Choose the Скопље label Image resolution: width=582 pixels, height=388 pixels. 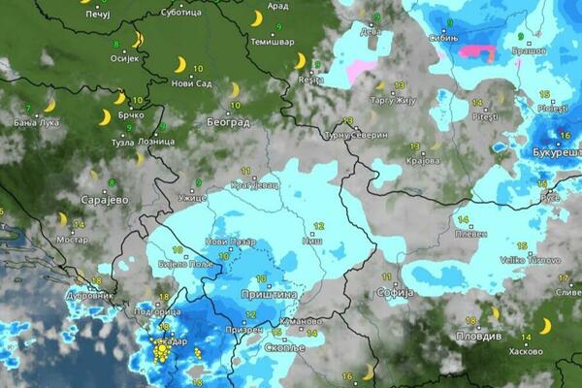click(285, 346)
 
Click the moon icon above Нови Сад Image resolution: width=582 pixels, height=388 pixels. click(179, 64)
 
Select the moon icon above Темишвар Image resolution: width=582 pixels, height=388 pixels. click(256, 18)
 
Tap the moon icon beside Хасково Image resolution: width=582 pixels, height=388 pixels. click(545, 325)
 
